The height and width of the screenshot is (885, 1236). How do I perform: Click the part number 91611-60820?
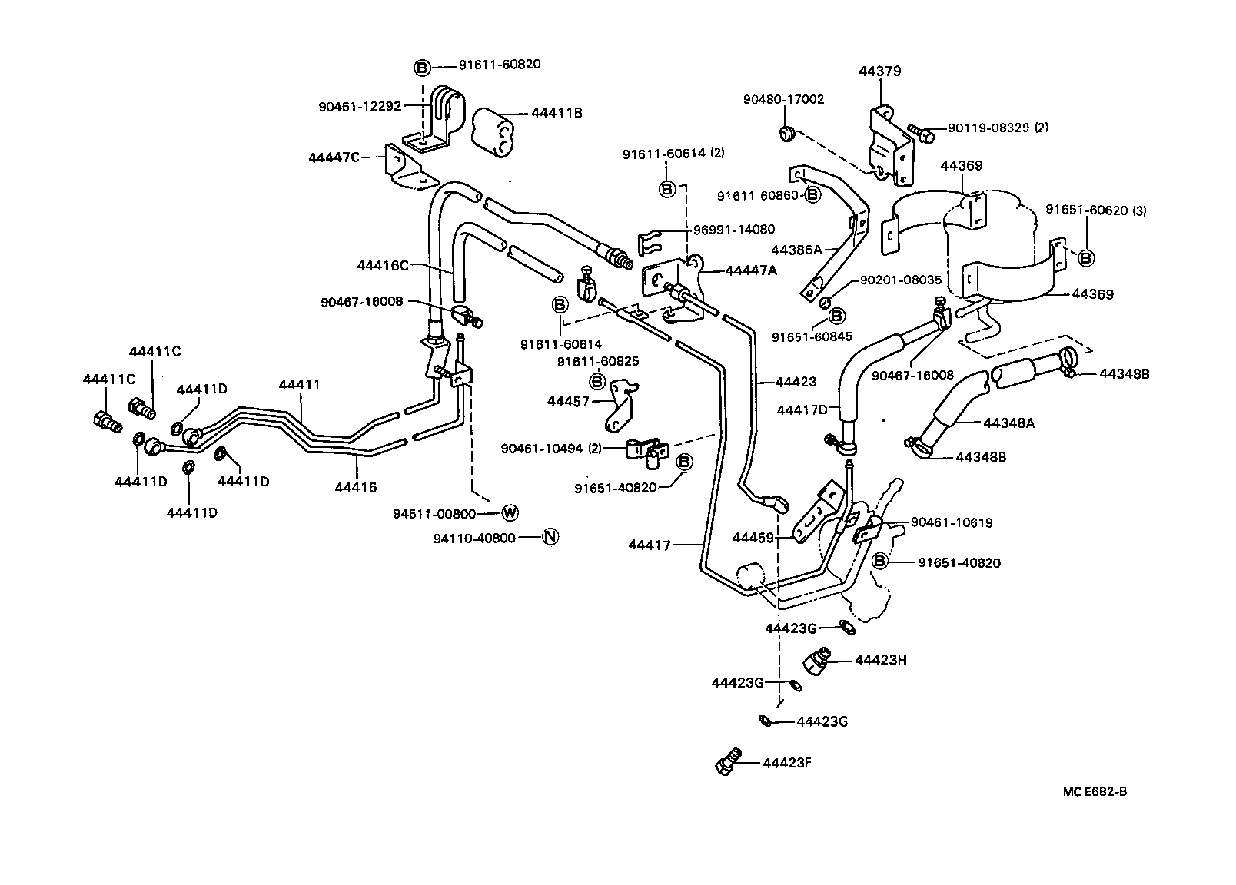coord(500,65)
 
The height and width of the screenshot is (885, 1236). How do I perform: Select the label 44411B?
coord(557,113)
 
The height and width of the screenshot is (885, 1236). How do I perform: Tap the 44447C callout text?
coord(334,157)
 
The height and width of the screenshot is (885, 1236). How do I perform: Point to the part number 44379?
coord(879,71)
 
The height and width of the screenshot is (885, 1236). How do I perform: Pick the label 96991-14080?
coord(734,229)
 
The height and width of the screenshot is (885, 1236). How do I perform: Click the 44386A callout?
coord(796,249)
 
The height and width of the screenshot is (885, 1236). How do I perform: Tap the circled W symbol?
coord(510,513)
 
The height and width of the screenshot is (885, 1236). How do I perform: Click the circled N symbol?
coord(550,537)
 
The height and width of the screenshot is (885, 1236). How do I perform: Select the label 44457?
coord(569,401)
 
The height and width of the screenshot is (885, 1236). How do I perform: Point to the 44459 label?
coord(754,538)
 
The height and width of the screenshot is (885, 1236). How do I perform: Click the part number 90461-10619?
coord(952,522)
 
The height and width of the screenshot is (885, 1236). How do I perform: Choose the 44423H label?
coord(881,659)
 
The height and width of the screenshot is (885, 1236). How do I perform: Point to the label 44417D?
coord(802,410)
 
